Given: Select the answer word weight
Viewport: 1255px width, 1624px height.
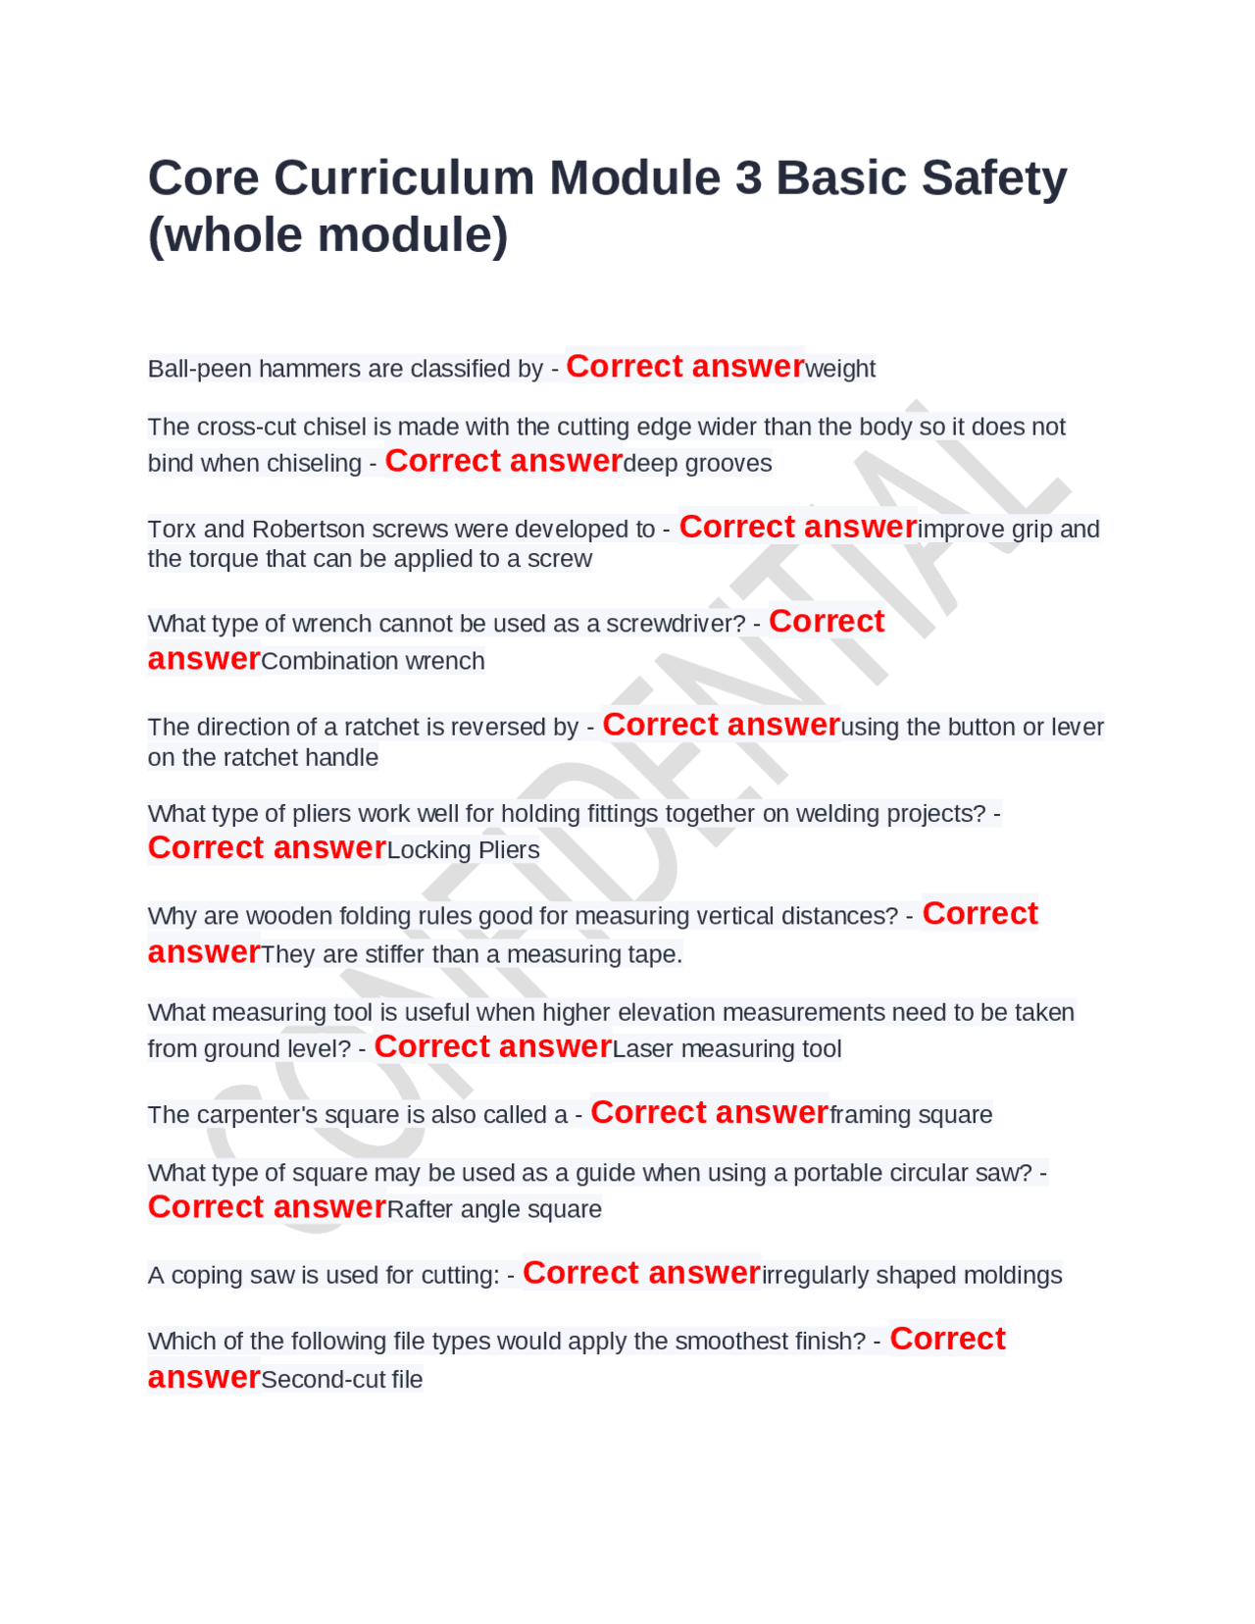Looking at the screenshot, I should pyautogui.click(x=840, y=370).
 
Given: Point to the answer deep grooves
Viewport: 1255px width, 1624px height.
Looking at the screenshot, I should pyautogui.click(x=697, y=464).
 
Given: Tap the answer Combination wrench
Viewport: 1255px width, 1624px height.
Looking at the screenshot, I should pyautogui.click(x=373, y=662).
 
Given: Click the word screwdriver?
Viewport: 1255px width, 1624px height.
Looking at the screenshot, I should pyautogui.click(x=676, y=625).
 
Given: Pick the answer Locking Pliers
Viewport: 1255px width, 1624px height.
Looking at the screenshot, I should pyautogui.click(x=463, y=850).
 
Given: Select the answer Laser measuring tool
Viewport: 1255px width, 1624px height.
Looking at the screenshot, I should pyautogui.click(x=727, y=1049).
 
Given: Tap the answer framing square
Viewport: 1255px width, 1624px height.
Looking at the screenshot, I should pyautogui.click(x=911, y=1115).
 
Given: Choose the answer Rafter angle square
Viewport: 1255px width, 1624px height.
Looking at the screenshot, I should pyautogui.click(x=494, y=1210).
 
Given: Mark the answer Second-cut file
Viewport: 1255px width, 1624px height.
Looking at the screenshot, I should pyautogui.click(x=341, y=1380).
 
